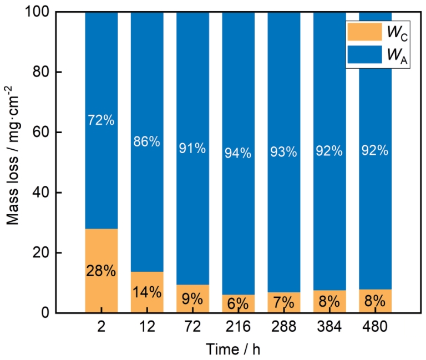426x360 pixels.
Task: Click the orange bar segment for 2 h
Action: tap(102, 271)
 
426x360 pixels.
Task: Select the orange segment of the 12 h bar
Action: tap(147, 292)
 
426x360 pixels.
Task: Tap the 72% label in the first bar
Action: tap(101, 120)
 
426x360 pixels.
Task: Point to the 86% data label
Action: tap(146, 141)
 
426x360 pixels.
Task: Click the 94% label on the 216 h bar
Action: tap(238, 153)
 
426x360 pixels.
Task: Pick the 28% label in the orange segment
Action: tap(101, 271)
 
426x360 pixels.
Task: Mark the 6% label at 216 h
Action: tap(238, 303)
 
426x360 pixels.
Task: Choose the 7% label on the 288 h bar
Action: tap(283, 302)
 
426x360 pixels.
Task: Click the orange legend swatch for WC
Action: tap(364, 32)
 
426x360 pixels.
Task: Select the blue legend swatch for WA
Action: tap(364, 54)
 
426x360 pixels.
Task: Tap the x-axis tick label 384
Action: tap(329, 326)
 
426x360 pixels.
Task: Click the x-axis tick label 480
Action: tap(375, 326)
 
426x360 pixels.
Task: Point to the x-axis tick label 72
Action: tap(192, 326)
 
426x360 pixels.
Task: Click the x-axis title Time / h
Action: tap(233, 349)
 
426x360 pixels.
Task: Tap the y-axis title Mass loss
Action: tap(13, 190)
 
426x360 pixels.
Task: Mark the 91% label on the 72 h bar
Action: tap(192, 148)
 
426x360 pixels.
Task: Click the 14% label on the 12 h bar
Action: tap(147, 292)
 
